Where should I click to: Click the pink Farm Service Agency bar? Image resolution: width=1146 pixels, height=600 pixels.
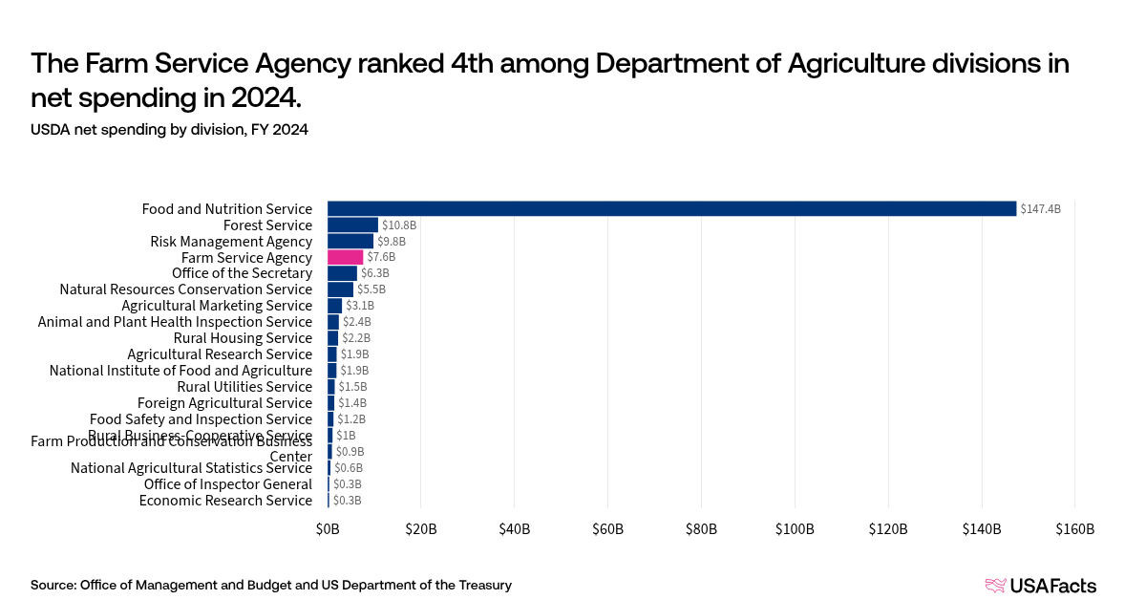[345, 257]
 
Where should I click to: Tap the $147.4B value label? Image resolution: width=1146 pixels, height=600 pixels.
[1040, 209]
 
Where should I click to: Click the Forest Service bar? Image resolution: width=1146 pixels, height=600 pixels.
[352, 225]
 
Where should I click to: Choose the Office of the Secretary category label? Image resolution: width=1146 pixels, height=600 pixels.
[242, 273]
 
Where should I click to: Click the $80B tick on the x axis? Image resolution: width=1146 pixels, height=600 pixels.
[701, 529]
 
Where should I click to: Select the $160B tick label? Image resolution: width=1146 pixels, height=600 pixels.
[1074, 529]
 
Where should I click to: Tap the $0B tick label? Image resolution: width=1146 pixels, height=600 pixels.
[328, 529]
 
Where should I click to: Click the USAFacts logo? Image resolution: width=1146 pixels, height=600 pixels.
[1040, 586]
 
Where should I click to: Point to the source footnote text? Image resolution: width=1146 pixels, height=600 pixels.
[270, 585]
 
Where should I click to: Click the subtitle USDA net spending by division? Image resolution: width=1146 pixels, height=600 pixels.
[169, 130]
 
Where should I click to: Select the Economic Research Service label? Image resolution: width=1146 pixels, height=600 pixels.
[225, 501]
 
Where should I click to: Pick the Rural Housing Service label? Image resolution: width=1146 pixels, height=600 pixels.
[243, 338]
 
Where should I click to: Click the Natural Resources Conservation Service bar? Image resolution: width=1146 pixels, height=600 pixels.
[340, 289]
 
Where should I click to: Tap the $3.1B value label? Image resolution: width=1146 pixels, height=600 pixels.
[359, 306]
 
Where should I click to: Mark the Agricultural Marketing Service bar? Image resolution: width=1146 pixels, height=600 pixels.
[334, 306]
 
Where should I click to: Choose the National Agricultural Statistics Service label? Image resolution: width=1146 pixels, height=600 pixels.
[191, 468]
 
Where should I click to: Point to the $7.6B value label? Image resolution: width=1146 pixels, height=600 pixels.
[381, 257]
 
